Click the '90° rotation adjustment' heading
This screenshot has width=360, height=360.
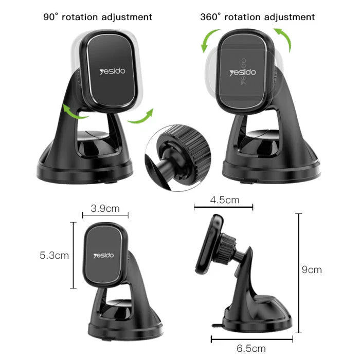point(97,17)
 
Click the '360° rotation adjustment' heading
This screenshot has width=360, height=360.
point(257,17)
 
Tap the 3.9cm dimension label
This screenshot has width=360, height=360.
point(105,208)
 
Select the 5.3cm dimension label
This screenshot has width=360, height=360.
point(54,255)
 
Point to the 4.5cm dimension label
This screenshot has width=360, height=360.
point(224,199)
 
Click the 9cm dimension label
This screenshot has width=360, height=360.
point(312,269)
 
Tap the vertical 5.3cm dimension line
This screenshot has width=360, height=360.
point(73,255)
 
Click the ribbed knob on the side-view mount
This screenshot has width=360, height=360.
point(226,249)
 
